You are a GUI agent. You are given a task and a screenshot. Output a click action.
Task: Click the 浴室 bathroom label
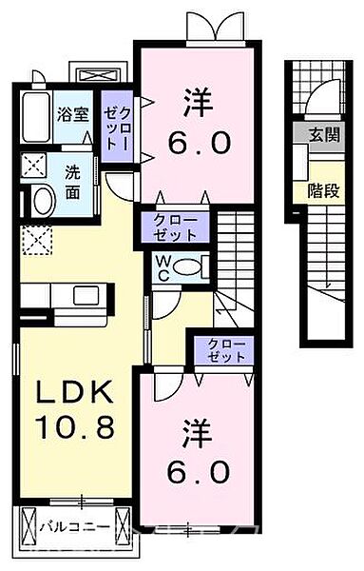pyautogui.click(x=72, y=114)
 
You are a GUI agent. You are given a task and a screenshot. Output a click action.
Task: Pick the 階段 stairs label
pyautogui.click(x=323, y=190)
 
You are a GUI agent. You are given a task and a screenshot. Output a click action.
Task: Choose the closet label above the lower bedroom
pyautogui.click(x=224, y=349)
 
